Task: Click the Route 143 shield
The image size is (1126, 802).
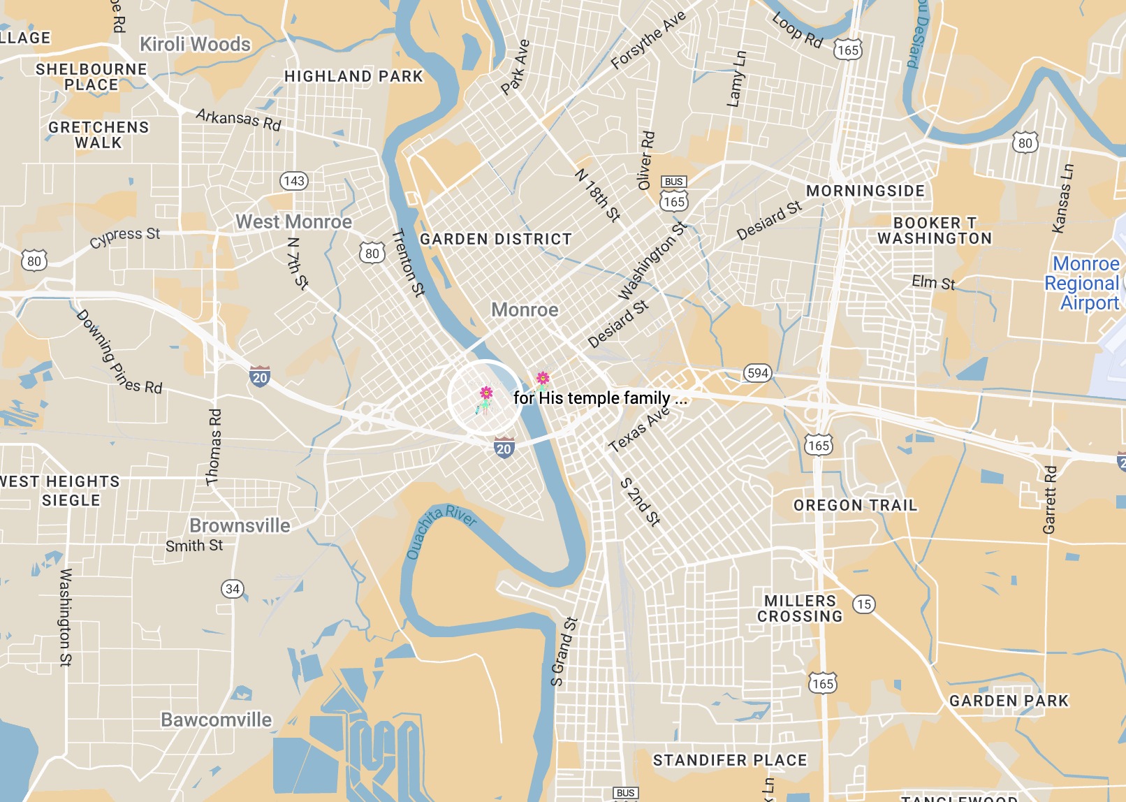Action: (294, 181)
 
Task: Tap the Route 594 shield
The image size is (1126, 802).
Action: (757, 373)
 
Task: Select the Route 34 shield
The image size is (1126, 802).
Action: (233, 589)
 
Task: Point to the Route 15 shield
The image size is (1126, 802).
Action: (864, 604)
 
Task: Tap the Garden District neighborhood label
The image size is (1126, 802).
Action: (495, 239)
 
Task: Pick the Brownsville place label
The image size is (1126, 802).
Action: (240, 525)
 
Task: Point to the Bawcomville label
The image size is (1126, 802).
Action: (217, 720)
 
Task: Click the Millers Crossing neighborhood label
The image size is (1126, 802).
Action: (800, 608)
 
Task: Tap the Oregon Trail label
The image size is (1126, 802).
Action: (855, 505)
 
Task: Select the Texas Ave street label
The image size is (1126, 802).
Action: (639, 429)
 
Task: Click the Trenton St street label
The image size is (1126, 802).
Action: (409, 263)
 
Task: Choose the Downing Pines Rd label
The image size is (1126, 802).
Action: (118, 353)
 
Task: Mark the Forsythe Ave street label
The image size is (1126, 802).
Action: (648, 40)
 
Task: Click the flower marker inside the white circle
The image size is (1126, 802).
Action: (485, 396)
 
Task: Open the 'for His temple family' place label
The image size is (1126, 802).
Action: (599, 398)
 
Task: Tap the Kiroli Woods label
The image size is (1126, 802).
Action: (195, 44)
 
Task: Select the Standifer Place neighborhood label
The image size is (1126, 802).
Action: (730, 760)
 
